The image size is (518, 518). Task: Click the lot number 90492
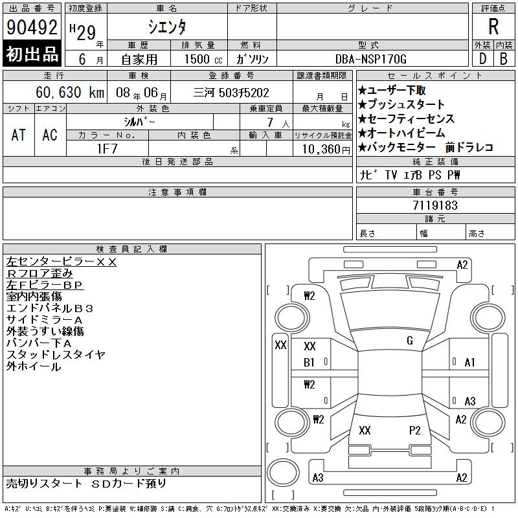(x=32, y=27)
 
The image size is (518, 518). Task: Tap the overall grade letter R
(x=493, y=27)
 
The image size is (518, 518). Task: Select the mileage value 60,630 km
(x=70, y=93)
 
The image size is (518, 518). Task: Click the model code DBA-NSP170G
(x=370, y=59)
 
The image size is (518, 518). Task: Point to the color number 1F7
(x=107, y=149)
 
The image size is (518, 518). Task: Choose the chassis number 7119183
(x=435, y=205)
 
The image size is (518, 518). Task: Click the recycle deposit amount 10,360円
(x=326, y=150)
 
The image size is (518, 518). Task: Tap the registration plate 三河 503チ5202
(x=231, y=93)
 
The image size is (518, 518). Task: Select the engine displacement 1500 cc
(x=203, y=60)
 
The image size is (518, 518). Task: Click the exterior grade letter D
(x=482, y=59)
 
